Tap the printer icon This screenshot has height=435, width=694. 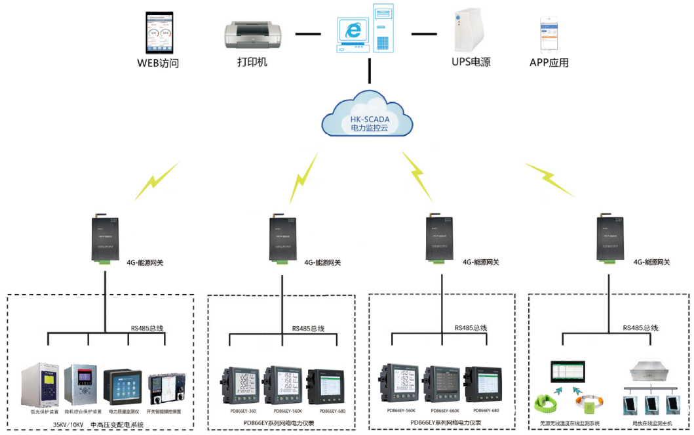tap(252, 35)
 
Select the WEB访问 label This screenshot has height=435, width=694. tap(158, 64)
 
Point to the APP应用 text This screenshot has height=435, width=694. tap(549, 63)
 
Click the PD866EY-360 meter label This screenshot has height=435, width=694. tap(243, 411)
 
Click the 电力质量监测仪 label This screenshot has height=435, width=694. tap(123, 412)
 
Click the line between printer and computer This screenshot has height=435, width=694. tap(308, 32)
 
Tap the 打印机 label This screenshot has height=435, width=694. tap(252, 62)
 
